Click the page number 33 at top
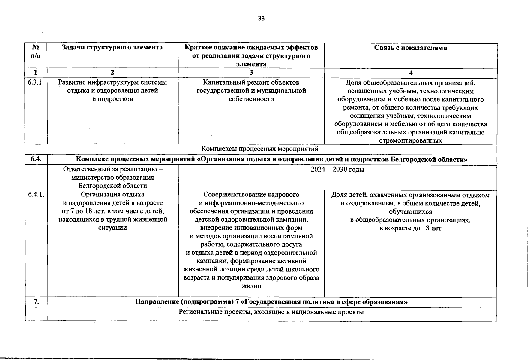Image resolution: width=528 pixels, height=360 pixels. [x=261, y=19]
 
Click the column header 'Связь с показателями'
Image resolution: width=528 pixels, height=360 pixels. [x=410, y=48]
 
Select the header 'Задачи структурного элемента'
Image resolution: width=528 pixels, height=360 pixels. [x=112, y=47]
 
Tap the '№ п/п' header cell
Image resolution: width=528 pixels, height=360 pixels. [x=36, y=51]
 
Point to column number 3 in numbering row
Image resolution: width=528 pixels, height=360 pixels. [x=251, y=73]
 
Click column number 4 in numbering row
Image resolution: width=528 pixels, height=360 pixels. [x=411, y=73]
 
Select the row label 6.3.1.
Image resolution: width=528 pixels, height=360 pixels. [x=36, y=82]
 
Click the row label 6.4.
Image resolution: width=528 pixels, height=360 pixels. [x=36, y=160]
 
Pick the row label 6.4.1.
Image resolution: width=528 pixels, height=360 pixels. [x=36, y=195]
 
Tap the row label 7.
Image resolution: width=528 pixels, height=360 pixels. [x=36, y=302]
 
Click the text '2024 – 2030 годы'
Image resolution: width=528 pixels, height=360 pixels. [x=337, y=169]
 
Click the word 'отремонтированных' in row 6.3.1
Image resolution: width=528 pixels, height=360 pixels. [x=410, y=141]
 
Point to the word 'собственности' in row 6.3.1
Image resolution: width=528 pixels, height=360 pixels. [x=251, y=99]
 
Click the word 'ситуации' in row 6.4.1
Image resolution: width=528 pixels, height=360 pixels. [x=112, y=228]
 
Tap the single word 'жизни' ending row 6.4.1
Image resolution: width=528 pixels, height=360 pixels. [x=251, y=286]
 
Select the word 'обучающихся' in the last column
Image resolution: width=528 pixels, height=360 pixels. [x=410, y=212]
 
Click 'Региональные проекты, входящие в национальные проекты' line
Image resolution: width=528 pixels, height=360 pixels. [x=271, y=312]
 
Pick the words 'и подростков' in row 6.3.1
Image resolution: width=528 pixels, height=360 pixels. [x=112, y=99]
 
